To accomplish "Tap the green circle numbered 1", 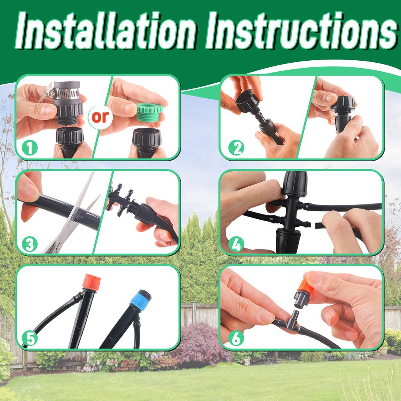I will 30,148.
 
